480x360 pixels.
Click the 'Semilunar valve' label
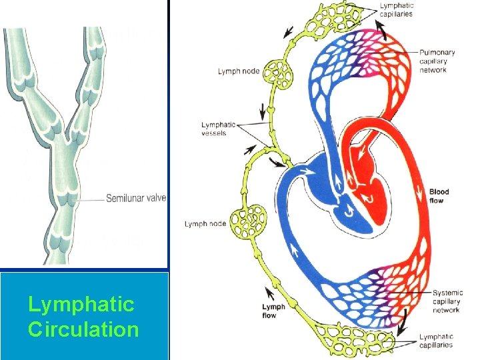[x=136, y=198]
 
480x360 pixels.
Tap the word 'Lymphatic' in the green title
[x=81, y=305]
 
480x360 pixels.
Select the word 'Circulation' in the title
[x=83, y=329]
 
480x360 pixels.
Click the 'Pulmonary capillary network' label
[x=437, y=61]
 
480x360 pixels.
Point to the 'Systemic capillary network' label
[x=446, y=301]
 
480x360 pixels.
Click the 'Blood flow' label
[x=439, y=196]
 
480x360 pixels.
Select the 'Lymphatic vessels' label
[x=219, y=129]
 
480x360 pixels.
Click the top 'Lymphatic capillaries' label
[x=397, y=10]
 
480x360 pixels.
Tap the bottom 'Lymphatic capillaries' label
[x=437, y=341]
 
